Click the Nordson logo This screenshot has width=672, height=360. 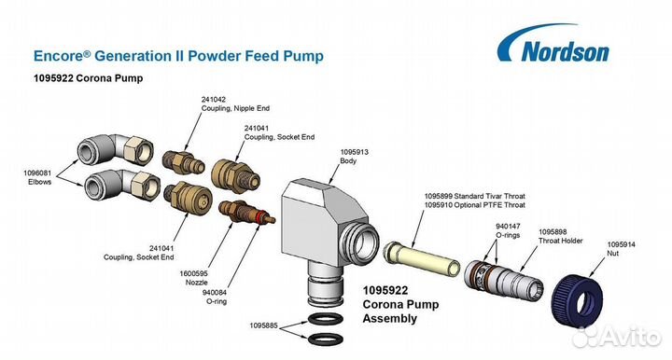tap(553, 45)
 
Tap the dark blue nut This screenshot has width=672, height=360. tap(577, 298)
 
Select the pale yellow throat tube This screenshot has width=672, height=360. tap(421, 256)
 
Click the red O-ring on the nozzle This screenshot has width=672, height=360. tap(259, 218)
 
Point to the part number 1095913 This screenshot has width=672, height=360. tap(354, 152)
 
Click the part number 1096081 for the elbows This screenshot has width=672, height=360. tap(37, 173)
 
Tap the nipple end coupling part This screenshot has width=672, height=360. tap(184, 161)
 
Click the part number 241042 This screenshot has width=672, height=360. tap(214, 99)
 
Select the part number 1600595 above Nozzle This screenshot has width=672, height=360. tap(194, 273)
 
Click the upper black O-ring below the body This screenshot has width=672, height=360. tap(326, 319)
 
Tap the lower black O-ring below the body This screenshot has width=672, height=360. tap(326, 339)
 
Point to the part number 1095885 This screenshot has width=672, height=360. tap(264, 325)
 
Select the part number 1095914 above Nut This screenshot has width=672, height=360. tap(621, 244)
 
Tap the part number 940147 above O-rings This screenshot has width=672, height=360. tap(508, 226)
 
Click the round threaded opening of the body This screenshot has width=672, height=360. tap(359, 240)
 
